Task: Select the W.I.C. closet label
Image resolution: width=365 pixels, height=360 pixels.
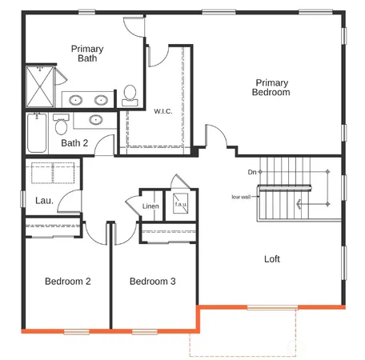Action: coord(163,111)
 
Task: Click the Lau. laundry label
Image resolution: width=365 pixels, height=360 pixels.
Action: coord(44,200)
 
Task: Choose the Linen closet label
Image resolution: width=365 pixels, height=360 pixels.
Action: coord(150,207)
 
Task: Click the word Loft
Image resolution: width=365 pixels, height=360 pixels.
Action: coord(272,259)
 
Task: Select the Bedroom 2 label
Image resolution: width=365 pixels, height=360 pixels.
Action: coord(67,282)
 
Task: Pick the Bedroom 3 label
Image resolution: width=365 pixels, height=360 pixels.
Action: coord(152,282)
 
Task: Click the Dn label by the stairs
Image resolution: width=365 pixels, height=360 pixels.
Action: coord(252,172)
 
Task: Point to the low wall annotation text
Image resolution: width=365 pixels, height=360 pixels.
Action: coord(242,197)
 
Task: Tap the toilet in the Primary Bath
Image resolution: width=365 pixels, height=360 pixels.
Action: coord(129,95)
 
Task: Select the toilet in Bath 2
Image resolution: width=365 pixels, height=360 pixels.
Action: coord(60,126)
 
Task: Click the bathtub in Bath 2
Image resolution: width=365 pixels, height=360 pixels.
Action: coord(36,134)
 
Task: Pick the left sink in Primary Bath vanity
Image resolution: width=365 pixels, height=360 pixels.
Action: coord(76,101)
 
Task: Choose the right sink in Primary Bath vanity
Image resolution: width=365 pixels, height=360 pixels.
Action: coord(102,101)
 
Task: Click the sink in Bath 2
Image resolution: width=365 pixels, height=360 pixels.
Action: coord(96,121)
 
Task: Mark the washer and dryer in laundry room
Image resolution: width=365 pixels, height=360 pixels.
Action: coord(53,174)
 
